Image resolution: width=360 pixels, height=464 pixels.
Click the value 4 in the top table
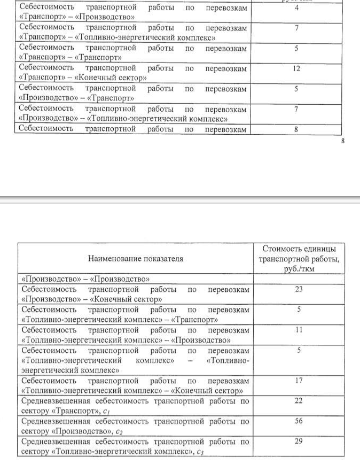(x=296, y=7)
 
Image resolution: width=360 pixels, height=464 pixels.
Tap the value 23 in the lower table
(x=299, y=289)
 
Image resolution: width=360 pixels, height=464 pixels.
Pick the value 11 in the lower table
(x=299, y=330)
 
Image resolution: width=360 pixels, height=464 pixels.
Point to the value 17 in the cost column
(x=299, y=381)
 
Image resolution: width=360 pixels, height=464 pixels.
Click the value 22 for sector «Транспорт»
(x=299, y=401)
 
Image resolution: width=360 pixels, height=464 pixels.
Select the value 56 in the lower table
(x=299, y=421)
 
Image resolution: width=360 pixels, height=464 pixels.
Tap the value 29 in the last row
(x=299, y=442)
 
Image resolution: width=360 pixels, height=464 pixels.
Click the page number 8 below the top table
(x=343, y=141)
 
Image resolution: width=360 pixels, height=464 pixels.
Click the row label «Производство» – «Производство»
(x=84, y=279)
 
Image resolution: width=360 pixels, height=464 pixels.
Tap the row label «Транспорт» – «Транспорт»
(x=70, y=57)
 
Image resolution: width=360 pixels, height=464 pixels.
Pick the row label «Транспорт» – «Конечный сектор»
(x=82, y=78)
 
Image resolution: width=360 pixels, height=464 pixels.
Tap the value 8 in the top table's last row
(x=296, y=129)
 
